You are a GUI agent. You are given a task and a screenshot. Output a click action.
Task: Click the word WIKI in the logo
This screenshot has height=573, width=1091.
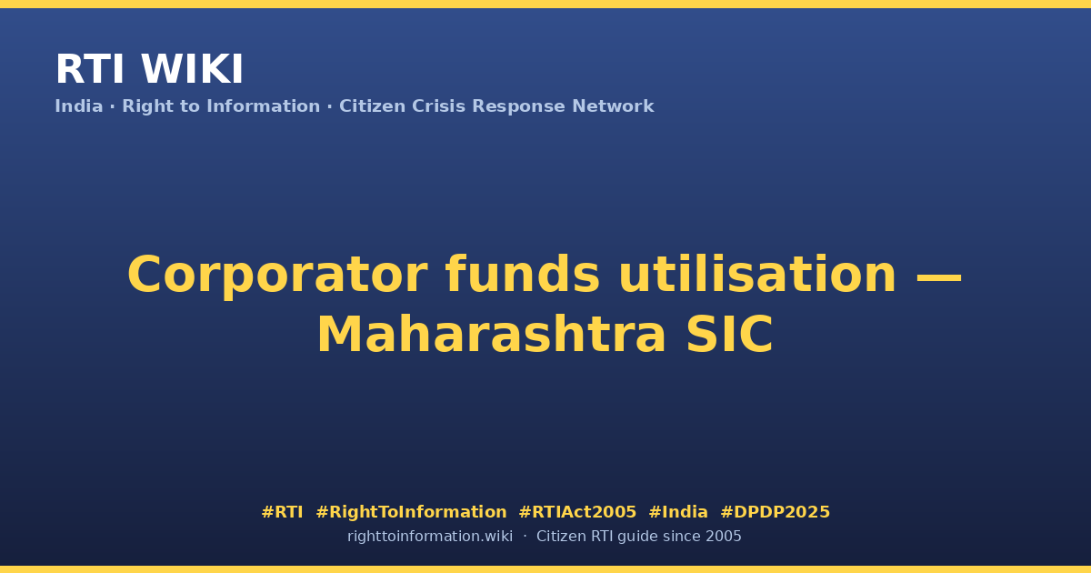point(192,69)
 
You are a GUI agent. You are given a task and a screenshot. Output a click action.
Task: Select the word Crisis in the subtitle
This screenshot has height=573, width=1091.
point(439,106)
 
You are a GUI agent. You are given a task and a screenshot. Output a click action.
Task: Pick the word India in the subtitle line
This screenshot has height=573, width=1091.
point(79,106)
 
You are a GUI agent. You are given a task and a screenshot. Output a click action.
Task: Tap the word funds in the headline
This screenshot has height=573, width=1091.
point(523,274)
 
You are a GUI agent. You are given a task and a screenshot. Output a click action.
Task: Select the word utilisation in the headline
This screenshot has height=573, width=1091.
point(757,274)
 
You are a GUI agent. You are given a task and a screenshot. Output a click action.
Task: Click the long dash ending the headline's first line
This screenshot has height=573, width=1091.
point(939,279)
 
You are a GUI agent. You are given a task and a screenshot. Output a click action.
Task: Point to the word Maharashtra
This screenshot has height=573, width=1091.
point(492,335)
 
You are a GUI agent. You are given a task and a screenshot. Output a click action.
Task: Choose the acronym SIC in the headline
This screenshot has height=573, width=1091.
point(729,335)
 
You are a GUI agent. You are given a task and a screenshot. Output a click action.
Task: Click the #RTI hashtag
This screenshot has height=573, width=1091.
point(282,512)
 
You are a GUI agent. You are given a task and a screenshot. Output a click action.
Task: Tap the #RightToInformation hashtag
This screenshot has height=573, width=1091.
point(411,512)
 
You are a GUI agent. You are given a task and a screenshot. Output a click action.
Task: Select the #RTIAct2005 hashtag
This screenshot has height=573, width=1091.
point(577,512)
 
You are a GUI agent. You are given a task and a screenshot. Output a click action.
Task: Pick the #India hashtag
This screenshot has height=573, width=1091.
point(678,512)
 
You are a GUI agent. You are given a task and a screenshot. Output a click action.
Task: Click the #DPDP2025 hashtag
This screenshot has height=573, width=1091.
point(775,512)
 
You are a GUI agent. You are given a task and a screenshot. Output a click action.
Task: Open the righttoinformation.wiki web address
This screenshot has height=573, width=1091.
point(430,537)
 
